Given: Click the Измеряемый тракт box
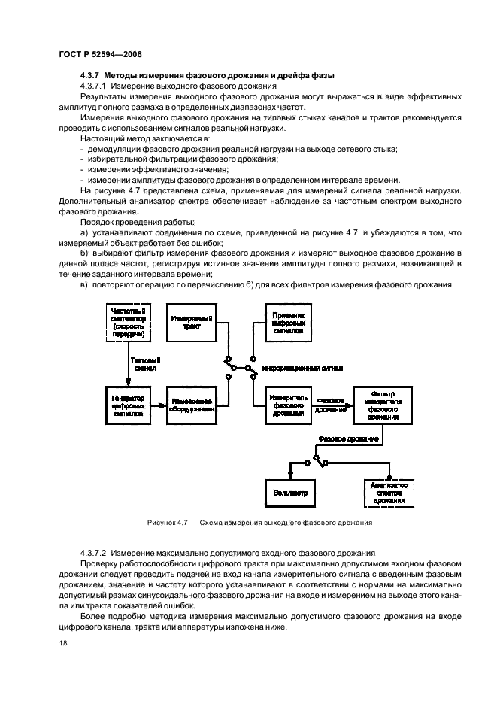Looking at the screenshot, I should [189, 323].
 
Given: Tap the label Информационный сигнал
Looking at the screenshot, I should [302, 369].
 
